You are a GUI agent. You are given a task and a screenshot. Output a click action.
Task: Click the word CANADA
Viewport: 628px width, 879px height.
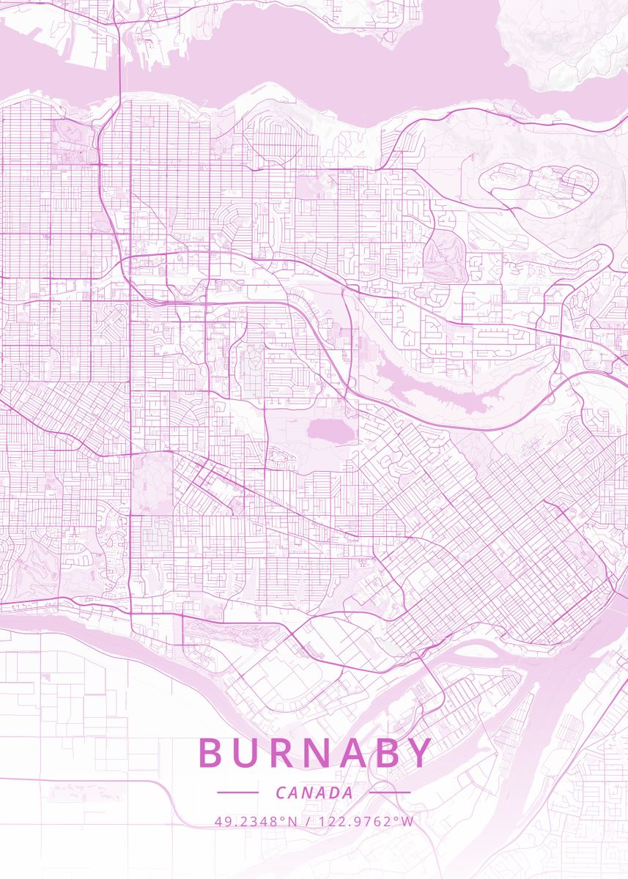point(314,793)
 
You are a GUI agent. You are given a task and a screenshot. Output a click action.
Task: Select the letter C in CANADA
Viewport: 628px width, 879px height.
point(281,793)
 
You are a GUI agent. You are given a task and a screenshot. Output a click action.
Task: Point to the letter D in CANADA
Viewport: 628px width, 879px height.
point(335,793)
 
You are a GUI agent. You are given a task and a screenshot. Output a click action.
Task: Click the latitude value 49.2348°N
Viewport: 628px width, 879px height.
point(256,821)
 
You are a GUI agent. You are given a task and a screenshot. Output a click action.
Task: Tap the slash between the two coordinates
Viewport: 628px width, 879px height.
point(308,821)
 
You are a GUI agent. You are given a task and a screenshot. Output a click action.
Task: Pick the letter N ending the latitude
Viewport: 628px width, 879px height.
point(292,821)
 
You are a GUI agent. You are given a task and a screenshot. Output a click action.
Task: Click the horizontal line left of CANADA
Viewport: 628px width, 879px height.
point(238,792)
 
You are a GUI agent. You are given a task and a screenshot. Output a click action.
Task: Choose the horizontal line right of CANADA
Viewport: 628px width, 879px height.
point(390,792)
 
